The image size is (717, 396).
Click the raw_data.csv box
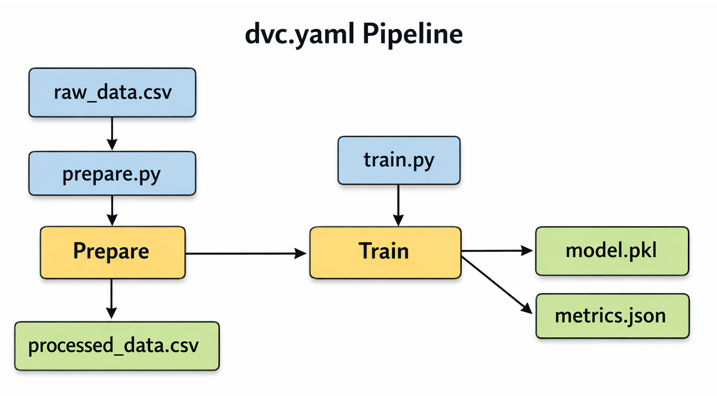point(112,92)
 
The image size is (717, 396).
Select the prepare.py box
point(112,174)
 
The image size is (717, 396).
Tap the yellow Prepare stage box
point(112,252)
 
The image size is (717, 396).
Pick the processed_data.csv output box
point(117,346)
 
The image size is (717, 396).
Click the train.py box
point(399,160)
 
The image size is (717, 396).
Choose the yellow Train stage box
point(385,252)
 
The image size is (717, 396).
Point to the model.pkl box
point(612,251)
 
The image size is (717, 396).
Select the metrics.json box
point(612,316)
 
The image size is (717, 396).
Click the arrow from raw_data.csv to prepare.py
point(112,133)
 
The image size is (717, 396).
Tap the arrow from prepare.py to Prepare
point(112,210)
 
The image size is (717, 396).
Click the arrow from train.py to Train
point(398,204)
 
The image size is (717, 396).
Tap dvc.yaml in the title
point(299,34)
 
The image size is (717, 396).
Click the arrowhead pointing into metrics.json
point(527,309)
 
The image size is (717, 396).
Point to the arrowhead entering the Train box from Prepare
point(301,253)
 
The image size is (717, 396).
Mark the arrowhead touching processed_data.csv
point(112,313)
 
